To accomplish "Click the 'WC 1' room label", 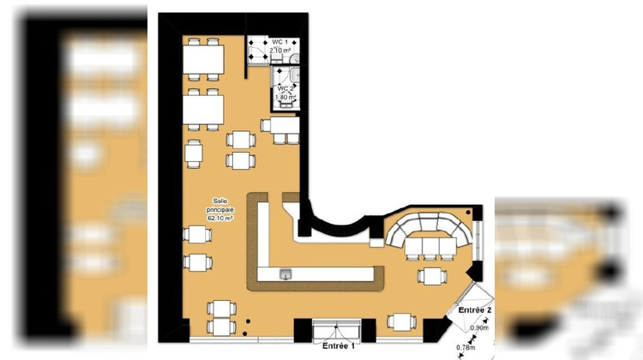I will point(279,42).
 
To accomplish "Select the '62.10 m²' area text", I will point(220,219).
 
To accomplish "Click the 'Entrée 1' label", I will point(339,347).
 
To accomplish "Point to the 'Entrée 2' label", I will point(475,309).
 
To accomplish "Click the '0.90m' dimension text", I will point(480,327).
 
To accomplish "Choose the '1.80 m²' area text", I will point(285,98).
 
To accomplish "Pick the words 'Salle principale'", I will point(220,205).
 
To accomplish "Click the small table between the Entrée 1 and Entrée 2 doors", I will point(401,321).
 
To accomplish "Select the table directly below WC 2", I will point(281,126).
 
